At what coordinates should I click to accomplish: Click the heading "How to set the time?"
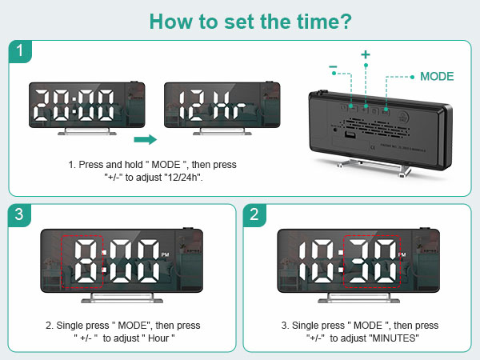(239, 20)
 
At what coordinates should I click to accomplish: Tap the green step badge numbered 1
(21, 53)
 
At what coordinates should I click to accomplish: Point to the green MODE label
(437, 77)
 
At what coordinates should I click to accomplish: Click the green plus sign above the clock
(366, 54)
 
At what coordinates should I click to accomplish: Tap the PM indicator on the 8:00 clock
(165, 254)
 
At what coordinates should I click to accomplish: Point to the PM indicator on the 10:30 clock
(402, 254)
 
